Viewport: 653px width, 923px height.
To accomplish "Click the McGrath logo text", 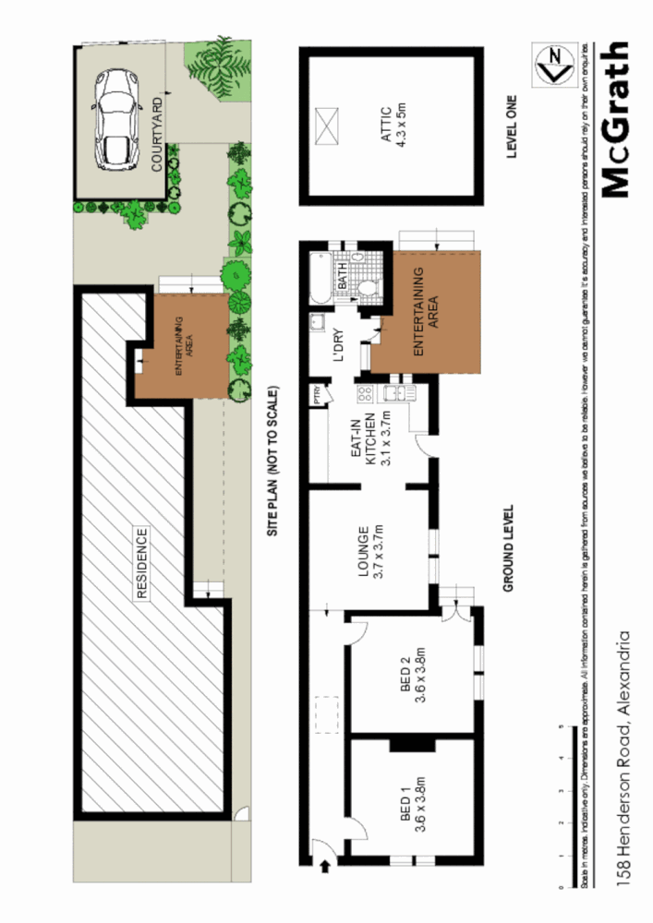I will (x=613, y=119).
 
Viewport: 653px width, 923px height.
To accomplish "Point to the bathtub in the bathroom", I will (x=320, y=278).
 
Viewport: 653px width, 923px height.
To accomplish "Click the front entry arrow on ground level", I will (x=325, y=865).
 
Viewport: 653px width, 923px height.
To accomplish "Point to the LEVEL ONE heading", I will (x=514, y=126).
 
